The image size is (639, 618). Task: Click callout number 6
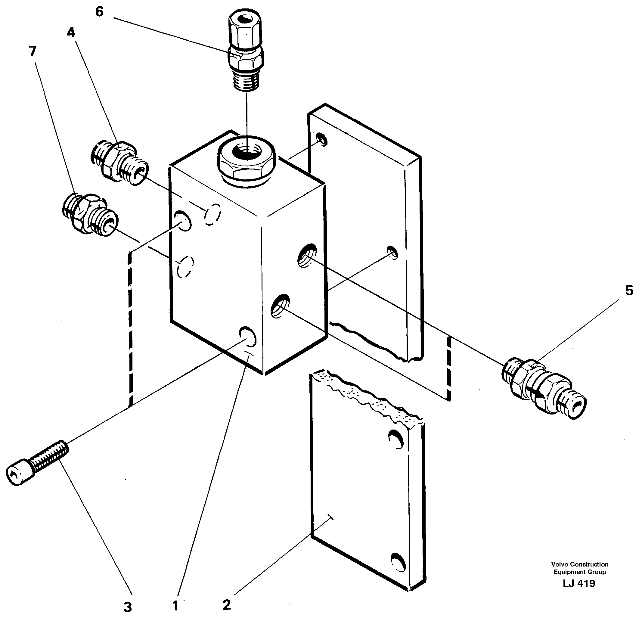99,12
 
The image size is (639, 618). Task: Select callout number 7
32,51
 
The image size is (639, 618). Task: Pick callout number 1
175,606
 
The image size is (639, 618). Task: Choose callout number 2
227,605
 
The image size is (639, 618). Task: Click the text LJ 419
579,583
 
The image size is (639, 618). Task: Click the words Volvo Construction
579,564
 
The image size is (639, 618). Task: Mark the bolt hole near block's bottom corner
247,336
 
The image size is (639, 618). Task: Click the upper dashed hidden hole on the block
212,214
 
